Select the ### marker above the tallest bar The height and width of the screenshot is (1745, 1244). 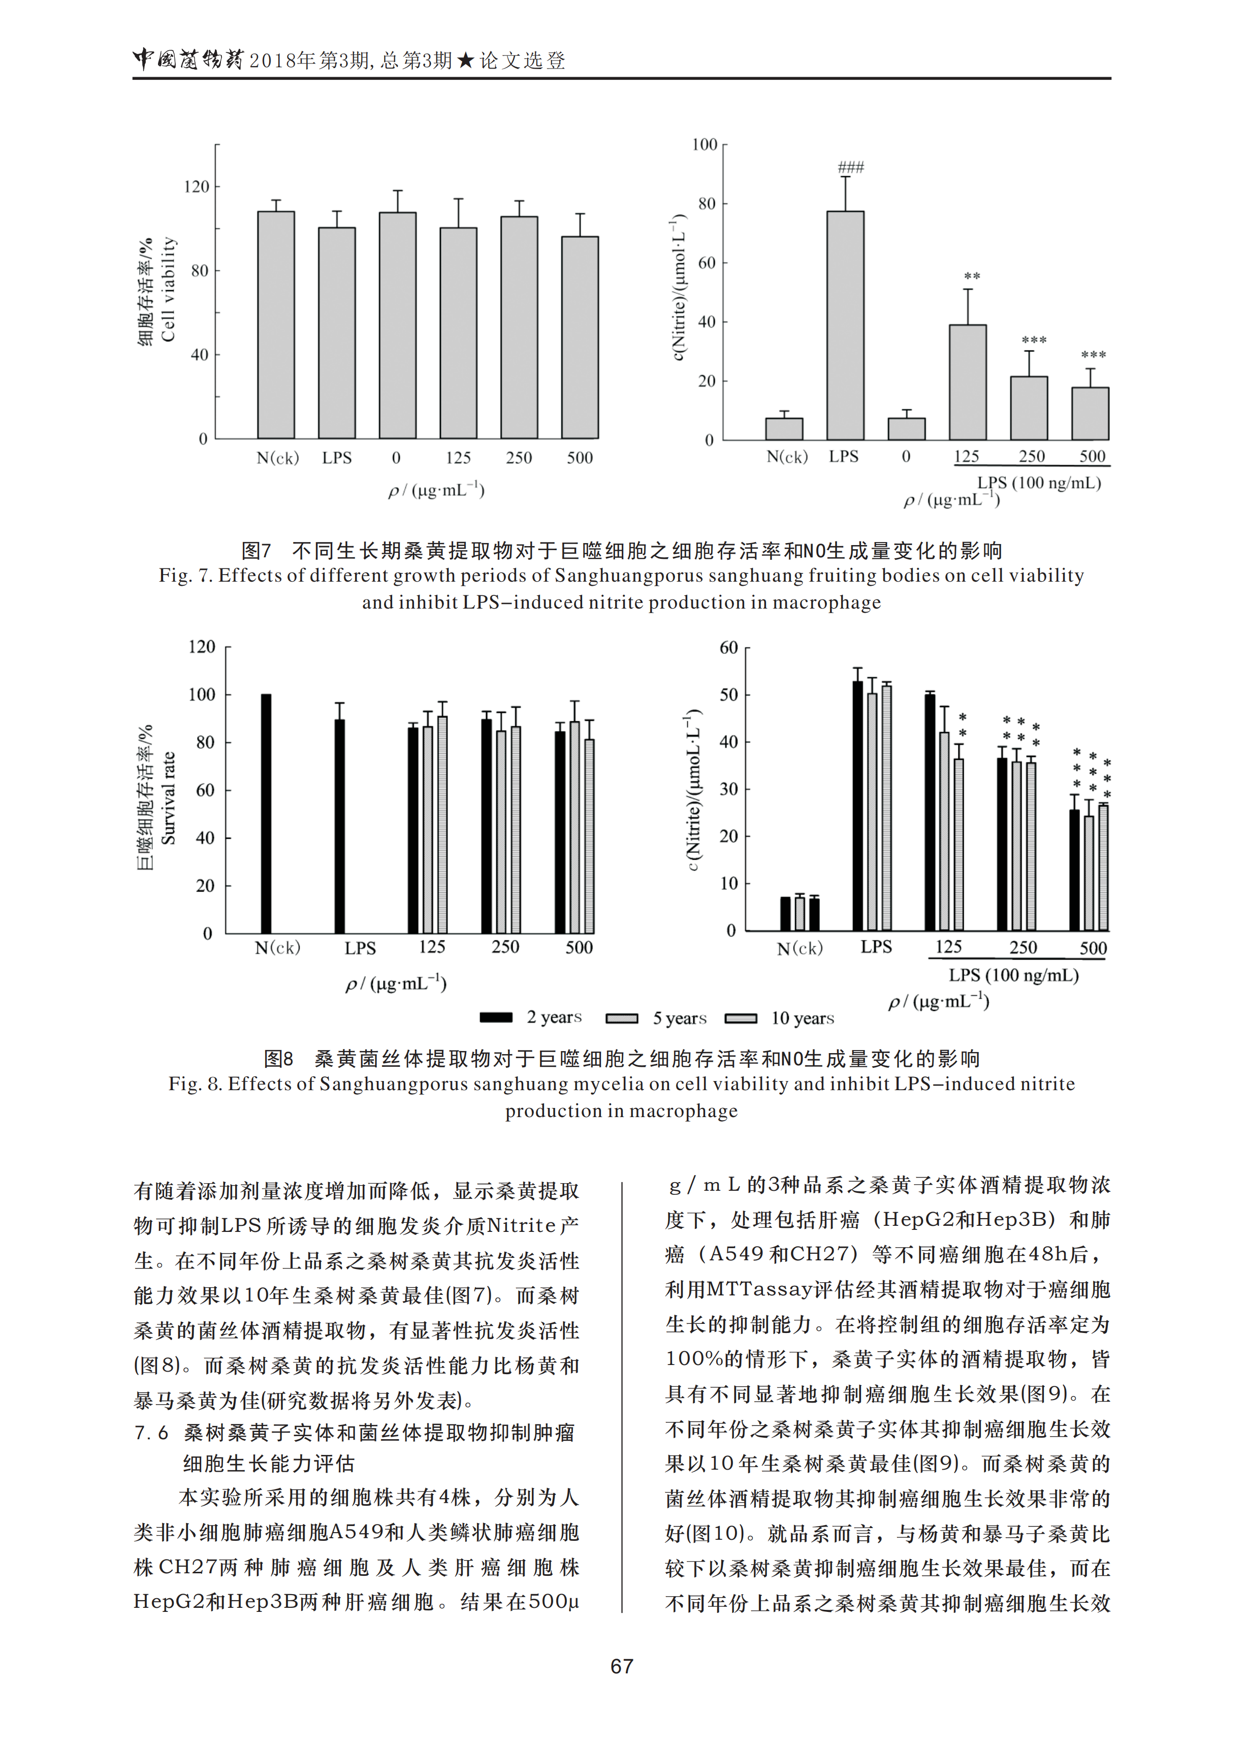click(850, 167)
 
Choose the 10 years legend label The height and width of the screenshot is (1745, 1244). click(802, 1018)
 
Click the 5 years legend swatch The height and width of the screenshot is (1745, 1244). click(621, 1018)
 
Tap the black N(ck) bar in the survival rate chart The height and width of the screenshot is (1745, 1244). click(266, 813)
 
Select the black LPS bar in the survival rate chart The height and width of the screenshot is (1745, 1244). click(339, 826)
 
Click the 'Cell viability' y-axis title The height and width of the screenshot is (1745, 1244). click(169, 290)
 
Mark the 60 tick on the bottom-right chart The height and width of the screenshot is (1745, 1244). click(728, 648)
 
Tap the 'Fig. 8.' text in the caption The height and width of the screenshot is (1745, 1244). click(195, 1084)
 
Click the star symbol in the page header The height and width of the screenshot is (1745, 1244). click(466, 60)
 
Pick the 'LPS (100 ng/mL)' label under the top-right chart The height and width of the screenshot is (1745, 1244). click(1039, 483)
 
